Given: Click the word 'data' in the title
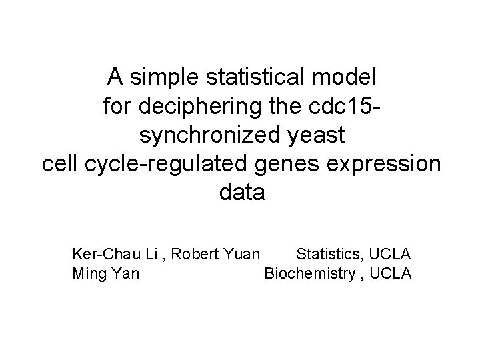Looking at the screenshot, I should pyautogui.click(x=241, y=193).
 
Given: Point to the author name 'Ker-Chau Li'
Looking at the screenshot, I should pyautogui.click(x=114, y=254).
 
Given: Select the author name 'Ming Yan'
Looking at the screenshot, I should pyautogui.click(x=105, y=273).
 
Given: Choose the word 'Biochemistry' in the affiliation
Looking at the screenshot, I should pyautogui.click(x=309, y=273).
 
